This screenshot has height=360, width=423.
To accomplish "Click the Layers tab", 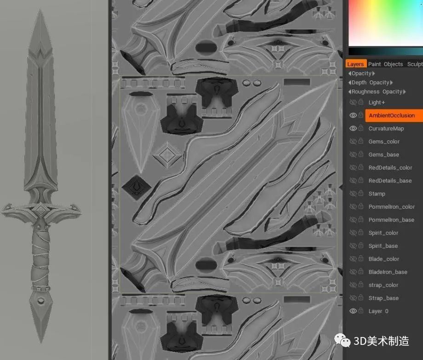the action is click(355, 64).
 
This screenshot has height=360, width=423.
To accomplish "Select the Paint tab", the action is click(374, 64).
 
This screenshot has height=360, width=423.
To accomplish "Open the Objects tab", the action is click(393, 64).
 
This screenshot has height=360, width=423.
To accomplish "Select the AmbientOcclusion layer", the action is click(392, 115).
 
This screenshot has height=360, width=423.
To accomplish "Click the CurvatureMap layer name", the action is click(386, 129).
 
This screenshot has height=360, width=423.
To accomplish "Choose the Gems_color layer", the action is click(384, 142).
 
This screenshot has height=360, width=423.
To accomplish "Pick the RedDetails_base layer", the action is click(390, 181).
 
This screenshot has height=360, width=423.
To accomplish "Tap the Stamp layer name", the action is click(377, 194).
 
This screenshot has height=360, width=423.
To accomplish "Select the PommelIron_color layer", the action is click(391, 207).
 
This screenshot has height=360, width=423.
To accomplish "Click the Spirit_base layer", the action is click(383, 246).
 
